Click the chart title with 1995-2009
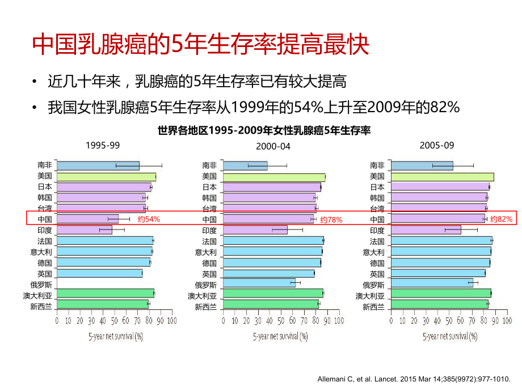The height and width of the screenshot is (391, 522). [264, 131]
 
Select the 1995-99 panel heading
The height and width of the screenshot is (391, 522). [103, 145]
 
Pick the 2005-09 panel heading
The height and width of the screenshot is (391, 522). [437, 145]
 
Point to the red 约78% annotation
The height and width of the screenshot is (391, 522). [331, 219]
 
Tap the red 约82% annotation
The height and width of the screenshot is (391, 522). [501, 219]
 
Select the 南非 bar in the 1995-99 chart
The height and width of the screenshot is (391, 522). [98, 165]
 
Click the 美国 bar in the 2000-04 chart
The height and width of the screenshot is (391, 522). [274, 177]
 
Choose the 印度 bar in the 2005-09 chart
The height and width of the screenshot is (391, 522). [426, 230]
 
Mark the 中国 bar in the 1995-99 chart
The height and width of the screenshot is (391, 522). [88, 219]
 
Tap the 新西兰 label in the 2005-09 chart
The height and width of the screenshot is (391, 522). [373, 307]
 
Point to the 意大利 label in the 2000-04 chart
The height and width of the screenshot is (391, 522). [205, 252]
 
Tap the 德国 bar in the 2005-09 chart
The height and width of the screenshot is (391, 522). [440, 263]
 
